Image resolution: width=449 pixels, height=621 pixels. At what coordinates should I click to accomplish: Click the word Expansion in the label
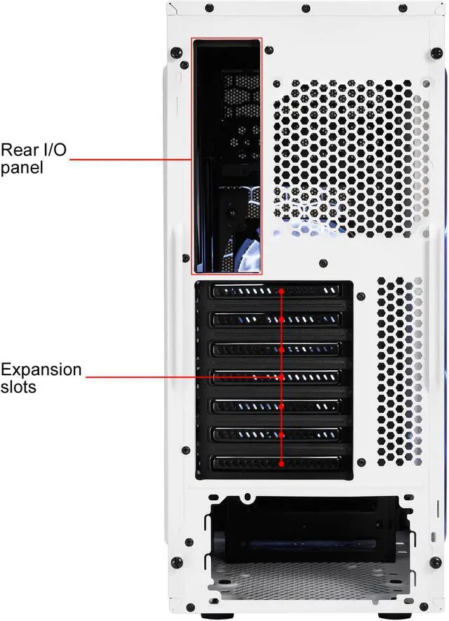click(x=41, y=369)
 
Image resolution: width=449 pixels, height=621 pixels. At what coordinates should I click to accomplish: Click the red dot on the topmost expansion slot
click(x=281, y=290)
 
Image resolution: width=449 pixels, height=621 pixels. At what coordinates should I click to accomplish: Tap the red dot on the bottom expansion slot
click(x=281, y=464)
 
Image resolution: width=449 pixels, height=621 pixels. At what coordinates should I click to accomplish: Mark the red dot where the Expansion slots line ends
click(x=281, y=377)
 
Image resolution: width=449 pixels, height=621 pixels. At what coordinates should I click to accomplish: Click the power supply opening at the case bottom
click(x=302, y=534)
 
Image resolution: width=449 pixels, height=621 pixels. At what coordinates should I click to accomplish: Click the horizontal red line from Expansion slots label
click(x=182, y=377)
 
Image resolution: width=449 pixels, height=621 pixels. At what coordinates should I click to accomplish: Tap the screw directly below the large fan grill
click(x=321, y=263)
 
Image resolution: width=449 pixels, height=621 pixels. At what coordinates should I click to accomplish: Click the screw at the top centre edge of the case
click(x=304, y=10)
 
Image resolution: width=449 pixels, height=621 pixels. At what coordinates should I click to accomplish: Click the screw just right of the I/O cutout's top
click(x=270, y=49)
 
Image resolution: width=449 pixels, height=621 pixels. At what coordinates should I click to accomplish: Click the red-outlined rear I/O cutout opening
click(x=226, y=155)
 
